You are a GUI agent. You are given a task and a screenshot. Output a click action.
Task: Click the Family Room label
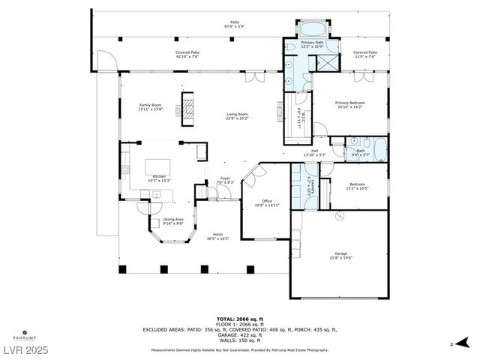150,107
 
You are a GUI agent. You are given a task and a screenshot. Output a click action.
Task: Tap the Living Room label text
238,116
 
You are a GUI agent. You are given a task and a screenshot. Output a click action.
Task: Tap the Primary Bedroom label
350,104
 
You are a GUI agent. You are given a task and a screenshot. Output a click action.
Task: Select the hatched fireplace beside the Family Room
189,108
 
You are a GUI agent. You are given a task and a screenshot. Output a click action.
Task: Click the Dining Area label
172,221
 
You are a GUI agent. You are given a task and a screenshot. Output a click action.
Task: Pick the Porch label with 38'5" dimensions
217,236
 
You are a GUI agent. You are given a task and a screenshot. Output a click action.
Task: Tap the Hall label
314,153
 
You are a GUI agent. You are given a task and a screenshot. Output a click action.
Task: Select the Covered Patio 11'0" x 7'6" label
365,54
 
